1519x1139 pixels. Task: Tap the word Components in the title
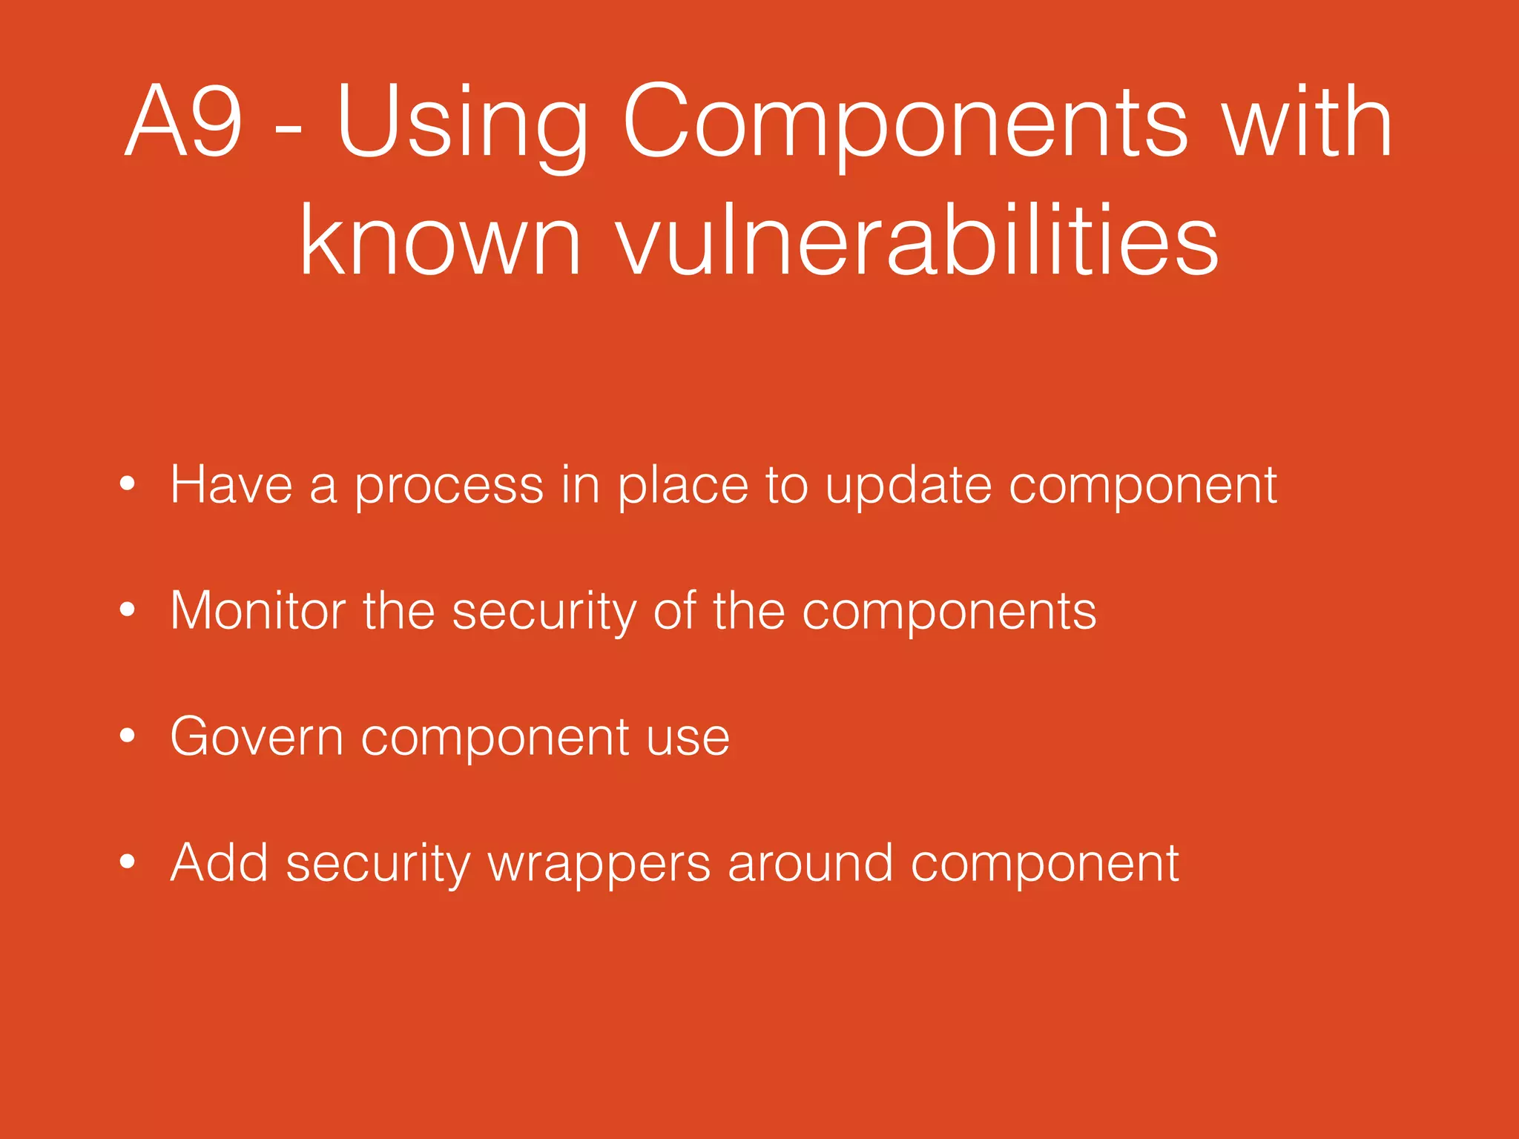pos(905,122)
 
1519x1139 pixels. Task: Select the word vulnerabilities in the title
pos(917,241)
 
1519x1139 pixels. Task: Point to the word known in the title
pos(441,241)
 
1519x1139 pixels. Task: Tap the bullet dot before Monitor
pos(128,610)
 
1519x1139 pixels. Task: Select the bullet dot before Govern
pos(128,736)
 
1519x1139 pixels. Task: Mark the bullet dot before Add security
pos(128,862)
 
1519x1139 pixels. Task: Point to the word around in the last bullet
pos(810,864)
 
